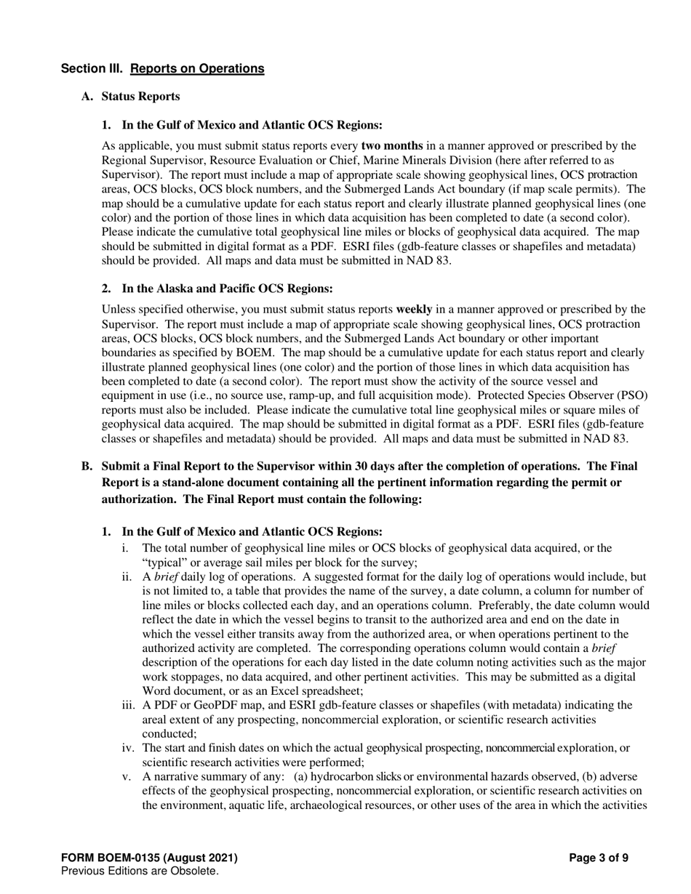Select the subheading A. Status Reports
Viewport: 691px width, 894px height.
[131, 97]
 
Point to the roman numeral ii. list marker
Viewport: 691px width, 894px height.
[129, 577]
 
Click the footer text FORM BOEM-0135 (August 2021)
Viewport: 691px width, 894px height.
[149, 858]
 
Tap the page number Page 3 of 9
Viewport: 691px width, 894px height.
[599, 858]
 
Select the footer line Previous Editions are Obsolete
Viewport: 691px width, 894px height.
[140, 871]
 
